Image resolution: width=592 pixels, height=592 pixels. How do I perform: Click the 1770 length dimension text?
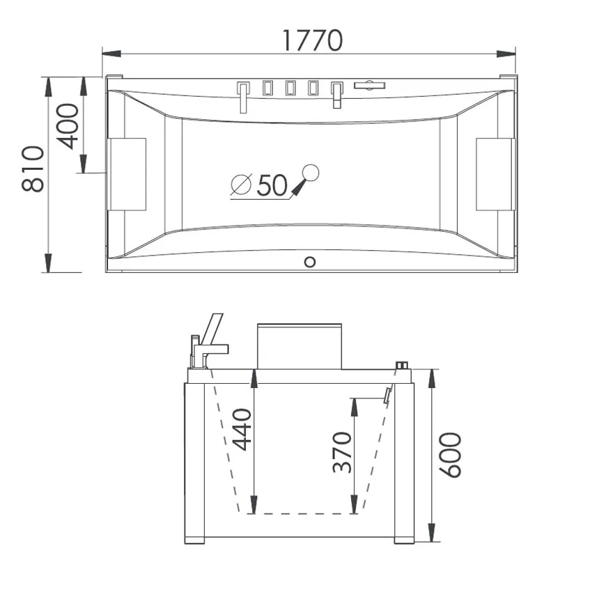click(313, 40)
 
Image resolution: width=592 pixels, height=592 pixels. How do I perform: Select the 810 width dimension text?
click(33, 169)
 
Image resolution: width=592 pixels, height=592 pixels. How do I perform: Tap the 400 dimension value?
click(68, 127)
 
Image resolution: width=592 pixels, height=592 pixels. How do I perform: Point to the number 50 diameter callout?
click(272, 185)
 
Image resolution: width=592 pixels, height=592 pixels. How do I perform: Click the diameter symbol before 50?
click(241, 185)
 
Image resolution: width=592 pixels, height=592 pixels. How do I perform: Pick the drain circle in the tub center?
click(311, 173)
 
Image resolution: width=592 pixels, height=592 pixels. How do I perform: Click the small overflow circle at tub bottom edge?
click(310, 262)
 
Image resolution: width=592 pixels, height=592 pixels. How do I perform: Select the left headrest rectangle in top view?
click(127, 174)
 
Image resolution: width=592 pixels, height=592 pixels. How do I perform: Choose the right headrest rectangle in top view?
click(495, 174)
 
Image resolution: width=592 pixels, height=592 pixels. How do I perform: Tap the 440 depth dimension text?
click(242, 430)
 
